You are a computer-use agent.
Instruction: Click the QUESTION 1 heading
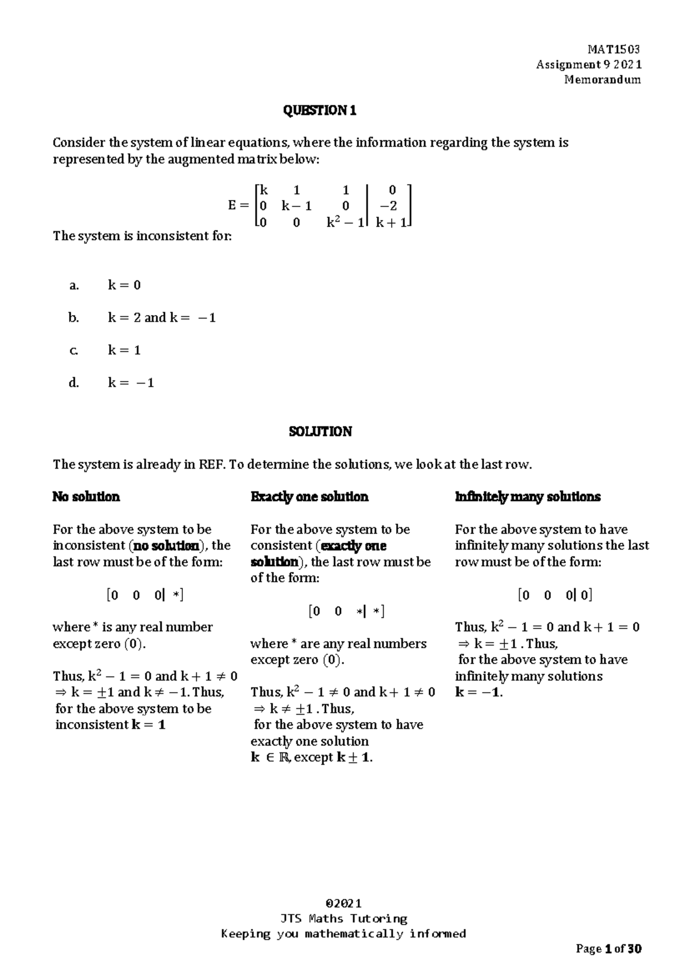point(320,110)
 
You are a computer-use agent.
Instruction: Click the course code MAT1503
point(614,49)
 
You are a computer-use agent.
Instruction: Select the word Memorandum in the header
point(602,80)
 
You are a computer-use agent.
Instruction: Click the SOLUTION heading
point(320,432)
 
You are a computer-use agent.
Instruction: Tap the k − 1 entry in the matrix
point(297,206)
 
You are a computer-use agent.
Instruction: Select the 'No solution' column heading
point(86,497)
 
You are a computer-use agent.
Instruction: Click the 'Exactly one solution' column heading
point(309,497)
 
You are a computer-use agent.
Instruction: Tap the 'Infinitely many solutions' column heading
point(527,497)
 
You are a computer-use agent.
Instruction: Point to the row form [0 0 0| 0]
point(555,595)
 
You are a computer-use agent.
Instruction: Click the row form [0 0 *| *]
point(347,611)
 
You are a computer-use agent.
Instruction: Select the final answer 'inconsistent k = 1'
point(110,725)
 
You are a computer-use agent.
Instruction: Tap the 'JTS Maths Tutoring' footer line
point(343,918)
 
